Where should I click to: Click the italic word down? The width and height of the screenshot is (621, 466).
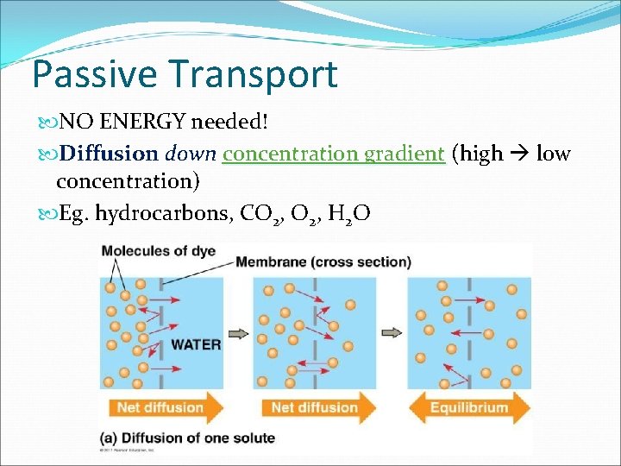click(190, 154)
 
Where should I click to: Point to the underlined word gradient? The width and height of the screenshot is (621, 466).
click(404, 154)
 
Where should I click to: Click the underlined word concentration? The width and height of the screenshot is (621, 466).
click(290, 154)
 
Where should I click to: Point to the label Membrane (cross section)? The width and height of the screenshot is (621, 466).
click(323, 261)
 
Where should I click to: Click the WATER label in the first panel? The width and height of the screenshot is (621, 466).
click(196, 344)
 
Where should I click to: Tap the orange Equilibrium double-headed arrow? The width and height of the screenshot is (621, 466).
click(469, 407)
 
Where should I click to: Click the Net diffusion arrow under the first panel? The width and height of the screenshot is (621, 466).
click(160, 407)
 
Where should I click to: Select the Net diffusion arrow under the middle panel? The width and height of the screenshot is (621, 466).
click(315, 407)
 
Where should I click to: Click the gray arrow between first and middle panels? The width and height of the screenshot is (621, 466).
click(237, 332)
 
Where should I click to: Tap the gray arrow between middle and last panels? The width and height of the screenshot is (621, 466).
click(392, 332)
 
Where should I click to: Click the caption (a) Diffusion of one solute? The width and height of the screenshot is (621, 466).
click(188, 438)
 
